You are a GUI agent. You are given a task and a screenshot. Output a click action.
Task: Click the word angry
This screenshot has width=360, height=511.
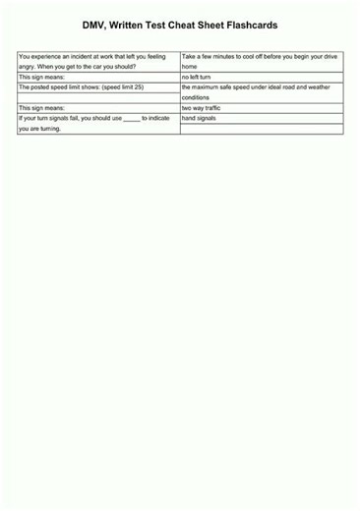pos(28,67)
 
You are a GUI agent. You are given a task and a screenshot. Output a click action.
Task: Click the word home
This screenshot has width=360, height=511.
pos(190,67)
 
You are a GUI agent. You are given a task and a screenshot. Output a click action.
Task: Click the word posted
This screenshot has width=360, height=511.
pos(44,86)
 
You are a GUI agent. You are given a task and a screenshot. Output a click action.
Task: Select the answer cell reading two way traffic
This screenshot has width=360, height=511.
pos(201,108)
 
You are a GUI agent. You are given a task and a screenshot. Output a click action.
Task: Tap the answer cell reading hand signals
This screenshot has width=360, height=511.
pos(199,118)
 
